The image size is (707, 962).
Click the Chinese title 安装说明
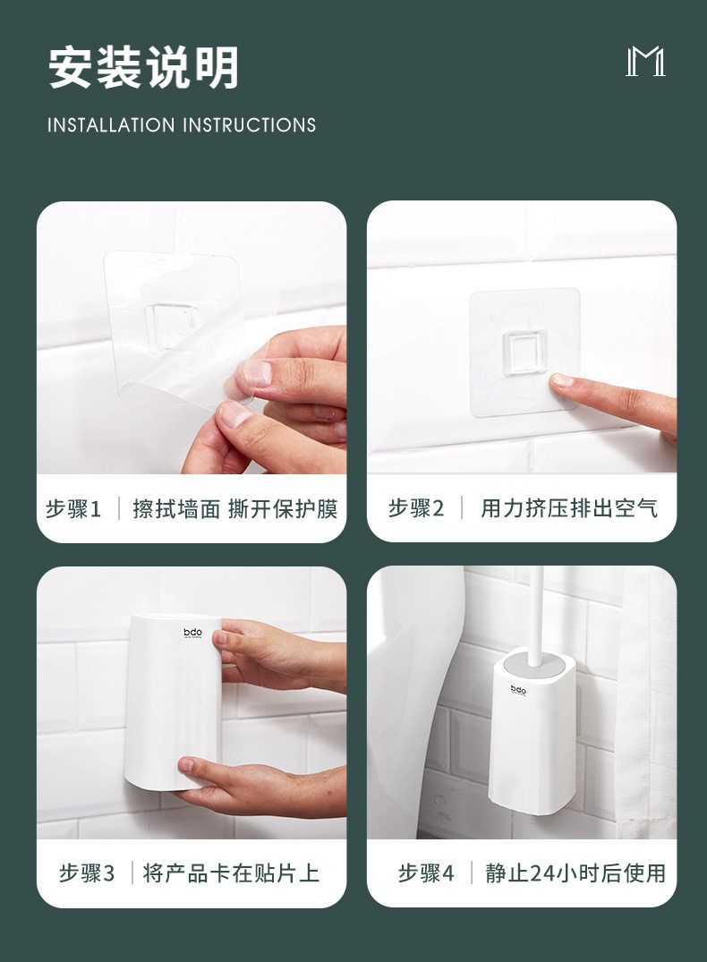pyautogui.click(x=144, y=69)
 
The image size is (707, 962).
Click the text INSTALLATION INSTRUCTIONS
pyautogui.click(x=182, y=125)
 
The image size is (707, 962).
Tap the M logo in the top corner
pyautogui.click(x=645, y=63)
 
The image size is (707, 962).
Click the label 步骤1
pyautogui.click(x=73, y=509)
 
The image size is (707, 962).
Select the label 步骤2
pyautogui.click(x=416, y=509)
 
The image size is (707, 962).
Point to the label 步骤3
pyautogui.click(x=87, y=873)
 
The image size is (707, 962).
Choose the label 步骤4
pyautogui.click(x=427, y=873)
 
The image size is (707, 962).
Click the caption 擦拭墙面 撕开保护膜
pyautogui.click(x=235, y=509)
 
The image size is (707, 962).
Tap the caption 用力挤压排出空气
pyautogui.click(x=569, y=509)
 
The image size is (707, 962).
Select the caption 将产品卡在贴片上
pyautogui.click(x=231, y=873)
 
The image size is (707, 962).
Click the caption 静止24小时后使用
pyautogui.click(x=575, y=873)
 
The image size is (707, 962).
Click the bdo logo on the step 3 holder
pyautogui.click(x=192, y=633)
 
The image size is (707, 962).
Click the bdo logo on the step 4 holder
pyautogui.click(x=519, y=689)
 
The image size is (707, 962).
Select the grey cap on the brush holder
pyautogui.click(x=532, y=666)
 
